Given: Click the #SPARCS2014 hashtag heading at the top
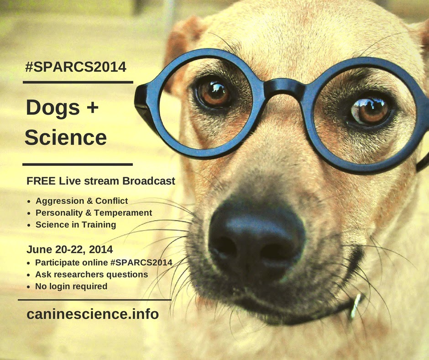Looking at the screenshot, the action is (76, 67).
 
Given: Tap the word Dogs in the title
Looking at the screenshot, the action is (53, 108).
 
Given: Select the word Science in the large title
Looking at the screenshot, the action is (66, 137).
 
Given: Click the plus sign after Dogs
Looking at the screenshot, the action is (93, 107).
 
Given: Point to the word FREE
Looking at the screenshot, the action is (41, 181).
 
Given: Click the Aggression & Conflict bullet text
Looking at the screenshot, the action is (82, 201).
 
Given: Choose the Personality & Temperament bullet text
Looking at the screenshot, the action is (94, 213).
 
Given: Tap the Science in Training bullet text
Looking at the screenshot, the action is (76, 225).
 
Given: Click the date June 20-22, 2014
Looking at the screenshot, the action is (69, 249).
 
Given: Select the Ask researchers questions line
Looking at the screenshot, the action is (91, 275).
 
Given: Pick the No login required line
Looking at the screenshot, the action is (71, 286).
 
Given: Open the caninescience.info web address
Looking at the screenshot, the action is (93, 314).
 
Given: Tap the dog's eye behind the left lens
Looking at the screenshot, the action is (214, 93).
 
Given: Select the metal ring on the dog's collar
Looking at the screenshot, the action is (356, 306).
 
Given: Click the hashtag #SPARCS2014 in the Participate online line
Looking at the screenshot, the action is (141, 263).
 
